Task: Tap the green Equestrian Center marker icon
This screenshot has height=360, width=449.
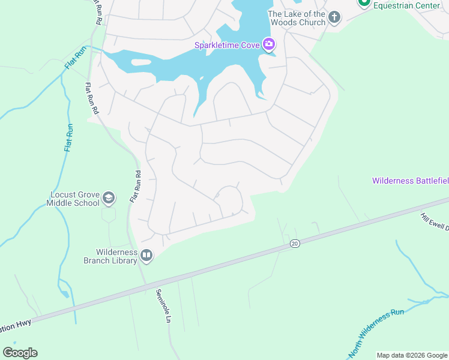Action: [364, 2]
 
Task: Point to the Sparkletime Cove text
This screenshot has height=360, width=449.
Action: [227, 45]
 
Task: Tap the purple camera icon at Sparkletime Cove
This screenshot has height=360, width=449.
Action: [269, 44]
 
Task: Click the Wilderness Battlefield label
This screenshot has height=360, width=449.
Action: [410, 181]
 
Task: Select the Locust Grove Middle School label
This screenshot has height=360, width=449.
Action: [73, 199]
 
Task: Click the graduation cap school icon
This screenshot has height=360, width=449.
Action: [109, 197]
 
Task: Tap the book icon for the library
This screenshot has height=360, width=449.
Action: [146, 256]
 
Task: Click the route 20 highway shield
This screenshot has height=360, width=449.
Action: [294, 243]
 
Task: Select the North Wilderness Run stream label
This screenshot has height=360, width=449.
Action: [376, 329]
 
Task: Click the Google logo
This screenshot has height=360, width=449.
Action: [20, 353]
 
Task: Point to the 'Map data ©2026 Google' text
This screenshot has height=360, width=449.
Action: [412, 355]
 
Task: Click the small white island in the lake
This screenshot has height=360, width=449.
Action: [140, 62]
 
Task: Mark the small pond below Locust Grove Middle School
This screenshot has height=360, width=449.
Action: [64, 294]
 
